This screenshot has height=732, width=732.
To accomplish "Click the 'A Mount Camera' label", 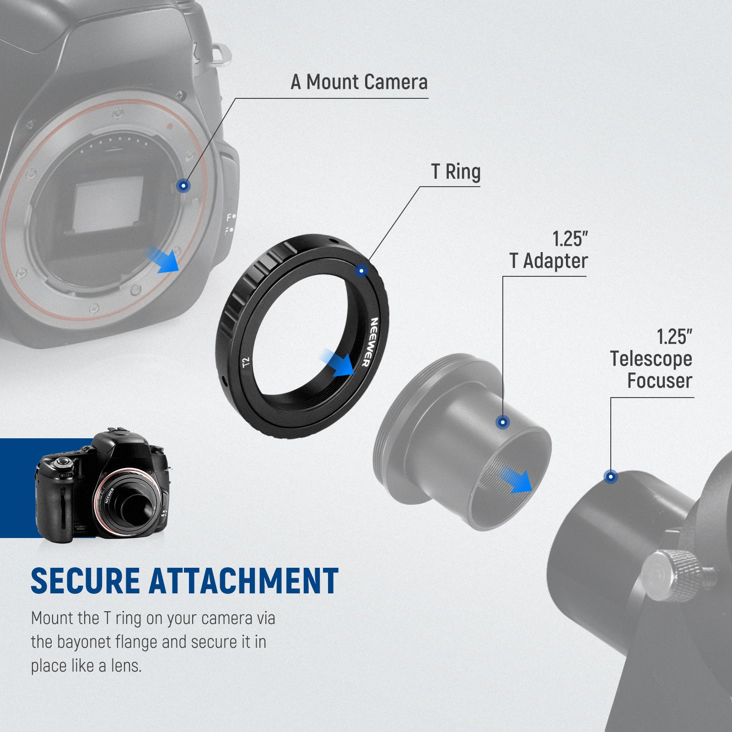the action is tap(359, 82).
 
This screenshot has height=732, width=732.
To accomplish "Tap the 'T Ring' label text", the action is tap(456, 172).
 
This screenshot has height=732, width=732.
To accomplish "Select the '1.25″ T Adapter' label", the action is tap(549, 250).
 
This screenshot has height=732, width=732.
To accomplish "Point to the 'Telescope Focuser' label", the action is tap(651, 370).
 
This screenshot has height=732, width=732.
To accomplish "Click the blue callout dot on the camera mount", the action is tap(183, 186).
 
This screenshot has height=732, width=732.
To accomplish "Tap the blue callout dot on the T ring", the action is tap(361, 271).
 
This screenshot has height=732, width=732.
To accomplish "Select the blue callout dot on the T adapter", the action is tap(503, 422).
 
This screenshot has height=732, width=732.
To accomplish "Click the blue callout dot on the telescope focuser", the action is tap(611, 477).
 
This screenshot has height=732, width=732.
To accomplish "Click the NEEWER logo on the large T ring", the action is tap(370, 342).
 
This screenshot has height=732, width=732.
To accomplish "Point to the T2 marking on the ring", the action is tap(246, 363).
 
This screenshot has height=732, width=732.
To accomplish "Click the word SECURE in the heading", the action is tap(86, 581).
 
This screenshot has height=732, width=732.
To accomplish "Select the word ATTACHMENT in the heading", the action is tap(244, 581).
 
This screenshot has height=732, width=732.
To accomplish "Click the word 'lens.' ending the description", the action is tap(126, 666).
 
